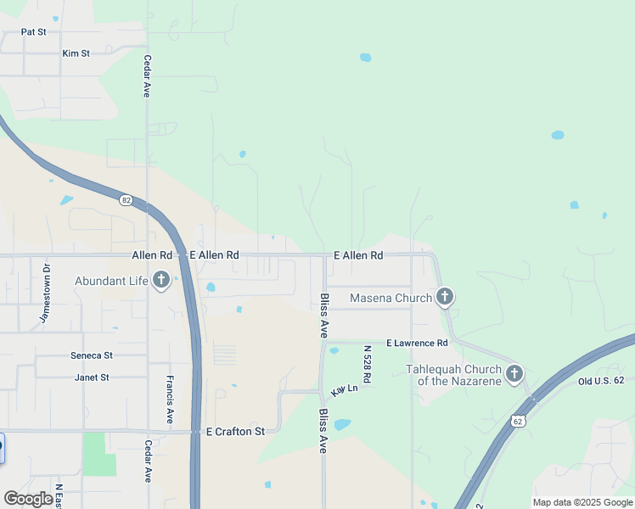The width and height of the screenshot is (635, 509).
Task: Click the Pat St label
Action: pos(33,31)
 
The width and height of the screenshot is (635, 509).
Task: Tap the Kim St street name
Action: pos(76,53)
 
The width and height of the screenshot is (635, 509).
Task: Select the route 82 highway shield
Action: pos(126,200)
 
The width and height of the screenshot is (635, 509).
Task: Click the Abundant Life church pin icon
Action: pos(161,282)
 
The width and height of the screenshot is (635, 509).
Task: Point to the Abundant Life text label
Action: pos(110,282)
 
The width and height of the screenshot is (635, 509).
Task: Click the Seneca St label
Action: pos(93,355)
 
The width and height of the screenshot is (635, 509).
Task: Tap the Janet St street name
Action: pos(92,378)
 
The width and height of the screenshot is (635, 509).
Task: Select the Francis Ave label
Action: pos(171,400)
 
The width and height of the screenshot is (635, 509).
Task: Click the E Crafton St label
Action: pos(235,431)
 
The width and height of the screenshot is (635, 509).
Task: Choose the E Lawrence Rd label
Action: pos(416,343)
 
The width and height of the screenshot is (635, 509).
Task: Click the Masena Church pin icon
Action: pos(444,297)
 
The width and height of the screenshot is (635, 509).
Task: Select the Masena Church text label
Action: pos(391,299)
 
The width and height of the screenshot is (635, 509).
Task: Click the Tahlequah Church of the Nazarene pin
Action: pos(514,373)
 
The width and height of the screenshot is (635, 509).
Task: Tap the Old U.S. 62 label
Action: pos(601,382)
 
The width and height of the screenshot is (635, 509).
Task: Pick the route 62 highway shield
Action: pos(519,421)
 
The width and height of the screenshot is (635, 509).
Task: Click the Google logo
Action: pos(28,499)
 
